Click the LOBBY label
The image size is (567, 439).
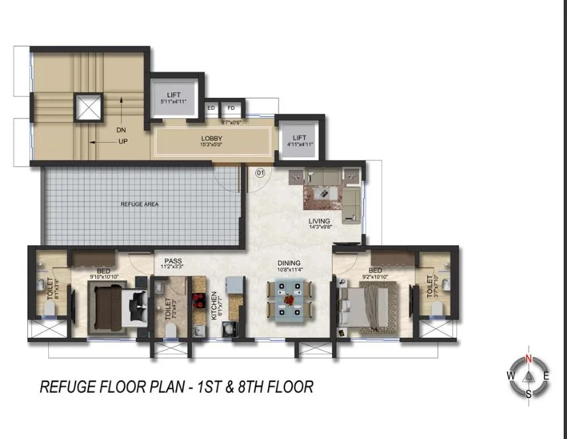[x=212, y=138]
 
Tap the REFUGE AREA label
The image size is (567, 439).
[x=139, y=204]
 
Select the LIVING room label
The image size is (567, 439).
[x=319, y=221]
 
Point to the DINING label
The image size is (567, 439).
[x=289, y=263]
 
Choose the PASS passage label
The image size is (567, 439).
[x=173, y=261]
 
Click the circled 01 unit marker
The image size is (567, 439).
[x=260, y=173]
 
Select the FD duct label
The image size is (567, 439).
[x=231, y=108]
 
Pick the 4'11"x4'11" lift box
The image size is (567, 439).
[x=300, y=140]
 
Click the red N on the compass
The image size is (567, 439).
[x=528, y=358]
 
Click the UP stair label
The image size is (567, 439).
[x=122, y=141]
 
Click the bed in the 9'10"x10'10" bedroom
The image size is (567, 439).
[x=112, y=307]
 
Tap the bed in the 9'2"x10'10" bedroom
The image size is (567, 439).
[x=367, y=305]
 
